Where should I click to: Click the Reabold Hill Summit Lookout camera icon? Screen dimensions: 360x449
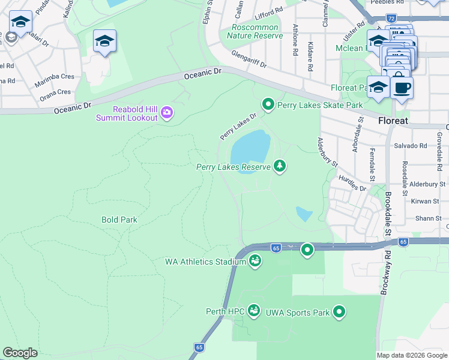167,112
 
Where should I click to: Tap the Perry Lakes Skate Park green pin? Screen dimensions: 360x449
268,105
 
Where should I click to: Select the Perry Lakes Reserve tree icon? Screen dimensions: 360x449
279,166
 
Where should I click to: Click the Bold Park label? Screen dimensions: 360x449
119,220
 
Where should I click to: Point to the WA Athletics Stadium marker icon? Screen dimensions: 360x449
255,261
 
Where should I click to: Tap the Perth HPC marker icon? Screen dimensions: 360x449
254,311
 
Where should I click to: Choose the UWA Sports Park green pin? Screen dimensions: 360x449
339,311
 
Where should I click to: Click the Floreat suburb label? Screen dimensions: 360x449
393,121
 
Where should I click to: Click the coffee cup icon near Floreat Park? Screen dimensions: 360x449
402,88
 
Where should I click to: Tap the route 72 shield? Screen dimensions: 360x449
391,19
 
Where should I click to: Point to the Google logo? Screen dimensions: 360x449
20,353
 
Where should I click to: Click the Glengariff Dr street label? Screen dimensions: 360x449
249,59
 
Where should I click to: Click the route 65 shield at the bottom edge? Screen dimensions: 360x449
198,347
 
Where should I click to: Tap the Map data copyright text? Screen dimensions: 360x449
411,355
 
